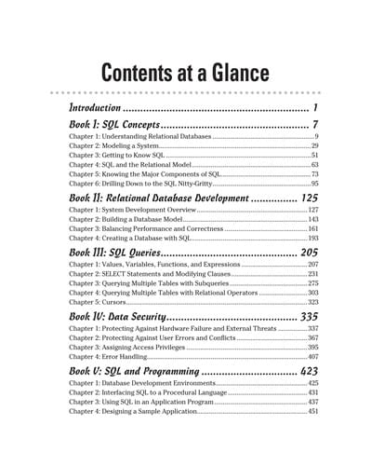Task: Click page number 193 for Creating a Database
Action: [x=312, y=238]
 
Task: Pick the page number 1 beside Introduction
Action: [x=315, y=109]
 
